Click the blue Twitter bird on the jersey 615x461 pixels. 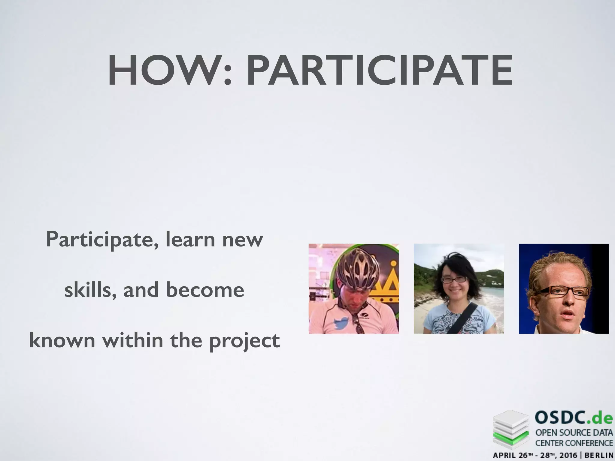click(x=341, y=324)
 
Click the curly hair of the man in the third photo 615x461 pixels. click(x=556, y=264)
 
